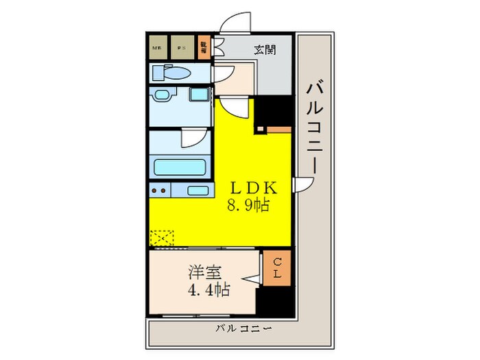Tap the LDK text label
(x=253, y=188)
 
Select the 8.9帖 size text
(x=253, y=204)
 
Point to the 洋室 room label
(x=205, y=272)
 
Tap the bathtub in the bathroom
(x=180, y=167)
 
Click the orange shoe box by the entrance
(x=203, y=47)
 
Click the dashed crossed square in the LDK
(x=162, y=237)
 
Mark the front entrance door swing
(x=234, y=23)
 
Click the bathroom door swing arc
(x=194, y=138)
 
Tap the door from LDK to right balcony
(x=302, y=185)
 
